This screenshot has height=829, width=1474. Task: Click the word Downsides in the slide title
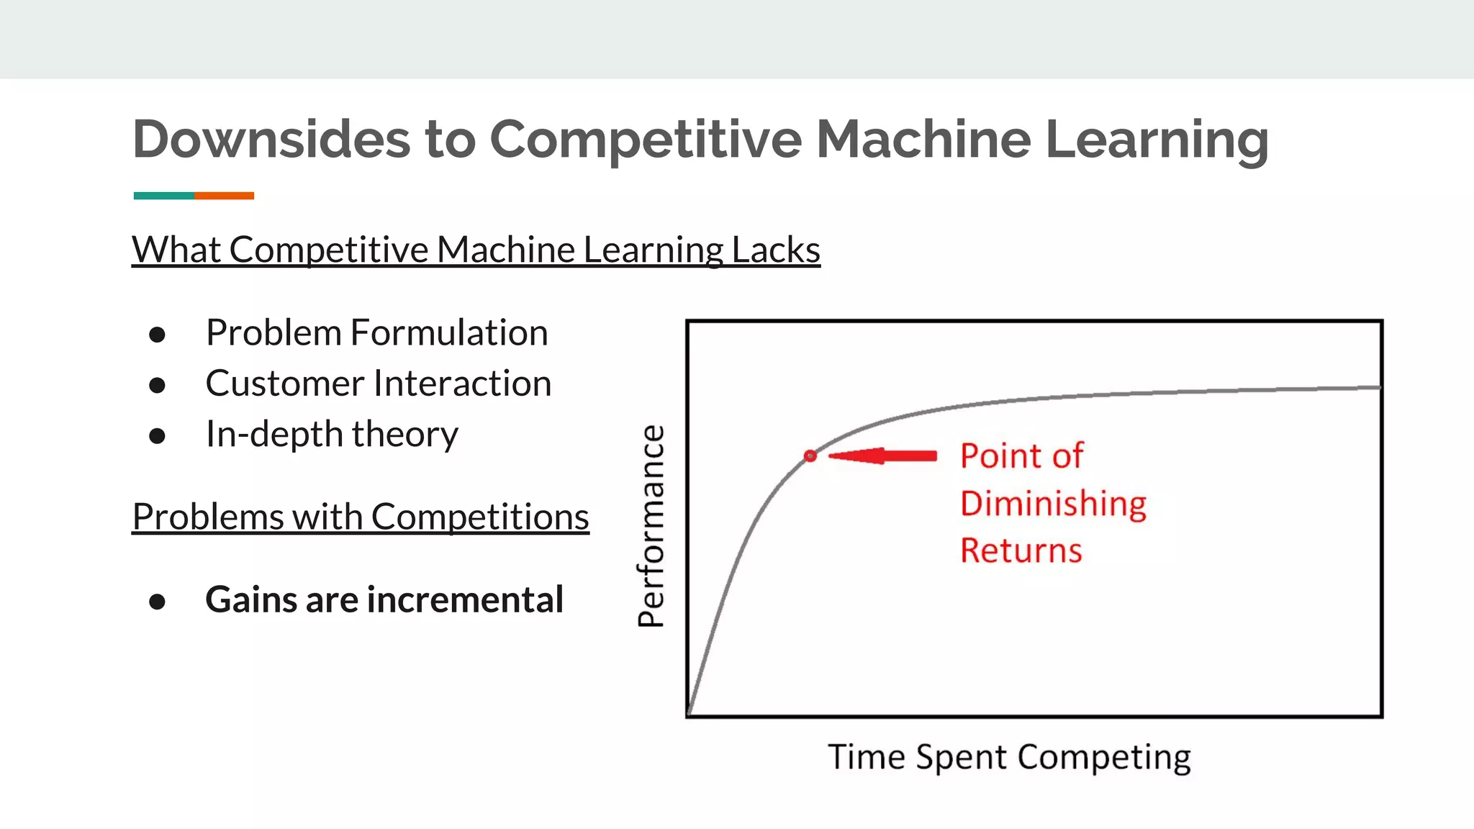coord(271,139)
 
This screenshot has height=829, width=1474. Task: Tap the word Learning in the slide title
coord(1156,139)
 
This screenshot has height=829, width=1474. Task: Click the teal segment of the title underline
coord(163,196)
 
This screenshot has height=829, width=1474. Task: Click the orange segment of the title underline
coord(224,196)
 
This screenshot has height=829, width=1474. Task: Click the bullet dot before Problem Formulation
coord(157,335)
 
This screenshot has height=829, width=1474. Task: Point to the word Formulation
coord(449,332)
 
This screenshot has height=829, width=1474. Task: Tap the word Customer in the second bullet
coord(284,384)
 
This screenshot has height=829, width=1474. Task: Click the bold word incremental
coord(465,599)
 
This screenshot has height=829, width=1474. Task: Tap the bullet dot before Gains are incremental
coord(157,602)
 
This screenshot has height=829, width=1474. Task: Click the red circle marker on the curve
coord(810,456)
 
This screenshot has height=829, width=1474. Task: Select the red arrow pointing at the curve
coord(883,456)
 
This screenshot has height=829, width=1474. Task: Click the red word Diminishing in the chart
coord(1053,503)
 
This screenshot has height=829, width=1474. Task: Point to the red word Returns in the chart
coord(1021,551)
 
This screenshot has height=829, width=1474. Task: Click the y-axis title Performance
coord(651,526)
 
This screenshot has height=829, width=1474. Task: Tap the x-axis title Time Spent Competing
coord(1009,757)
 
